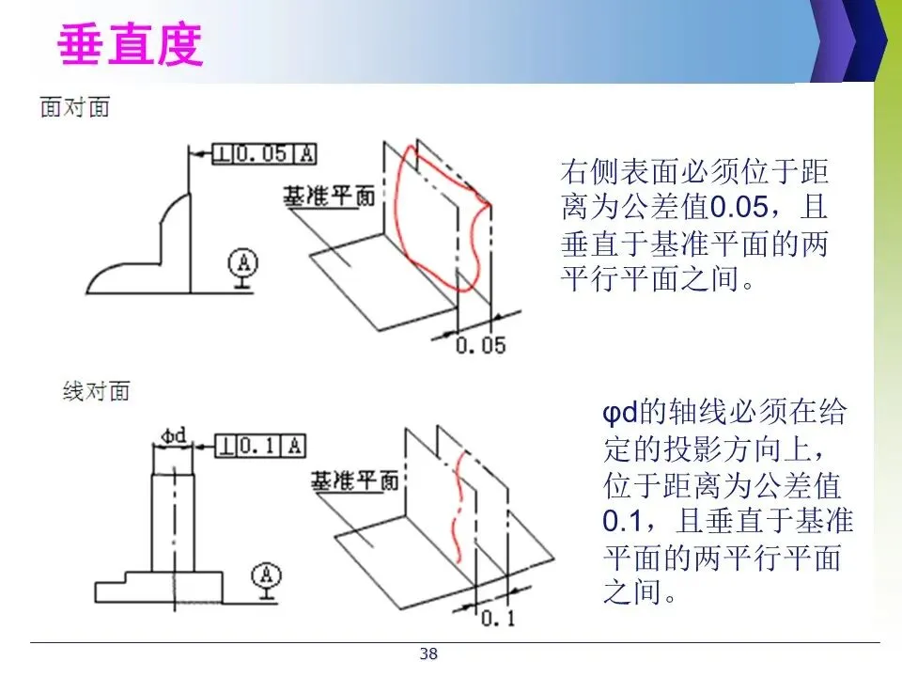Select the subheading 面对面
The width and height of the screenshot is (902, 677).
pyautogui.click(x=75, y=107)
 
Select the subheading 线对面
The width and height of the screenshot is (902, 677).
pyautogui.click(x=96, y=390)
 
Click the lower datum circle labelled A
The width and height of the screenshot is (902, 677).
pyautogui.click(x=268, y=574)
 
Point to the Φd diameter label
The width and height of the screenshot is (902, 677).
pyautogui.click(x=173, y=434)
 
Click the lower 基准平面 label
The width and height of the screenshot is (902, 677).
pyautogui.click(x=353, y=482)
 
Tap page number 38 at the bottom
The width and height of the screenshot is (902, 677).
pyautogui.click(x=428, y=654)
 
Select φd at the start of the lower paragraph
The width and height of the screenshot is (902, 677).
pyautogui.click(x=619, y=412)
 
